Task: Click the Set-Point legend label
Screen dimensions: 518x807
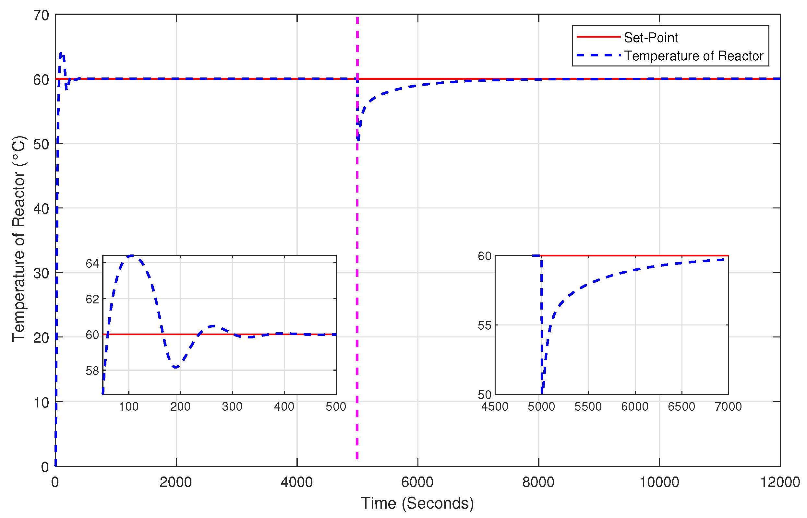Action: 650,37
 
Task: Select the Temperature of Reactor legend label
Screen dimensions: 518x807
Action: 693,56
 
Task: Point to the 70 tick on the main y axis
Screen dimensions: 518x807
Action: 42,16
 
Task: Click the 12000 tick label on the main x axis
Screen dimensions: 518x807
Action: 779,482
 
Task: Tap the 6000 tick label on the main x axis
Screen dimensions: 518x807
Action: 417,482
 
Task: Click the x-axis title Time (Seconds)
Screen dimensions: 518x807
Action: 417,503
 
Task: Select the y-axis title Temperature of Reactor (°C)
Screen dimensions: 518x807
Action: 19,239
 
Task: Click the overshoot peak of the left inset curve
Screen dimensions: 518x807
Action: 132,256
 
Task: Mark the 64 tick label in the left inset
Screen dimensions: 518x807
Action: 92,263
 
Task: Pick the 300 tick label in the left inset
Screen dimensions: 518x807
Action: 232,407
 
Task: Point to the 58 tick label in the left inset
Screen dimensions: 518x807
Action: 92,371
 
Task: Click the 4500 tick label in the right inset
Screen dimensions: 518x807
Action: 494,407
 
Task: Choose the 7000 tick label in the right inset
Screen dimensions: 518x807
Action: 728,407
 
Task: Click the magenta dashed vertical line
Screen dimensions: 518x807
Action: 357,269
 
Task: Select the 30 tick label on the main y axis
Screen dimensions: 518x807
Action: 42,274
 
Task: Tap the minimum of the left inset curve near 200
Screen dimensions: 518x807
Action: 176,367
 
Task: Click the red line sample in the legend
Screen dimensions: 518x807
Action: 598,37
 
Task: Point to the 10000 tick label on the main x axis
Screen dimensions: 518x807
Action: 658,482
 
